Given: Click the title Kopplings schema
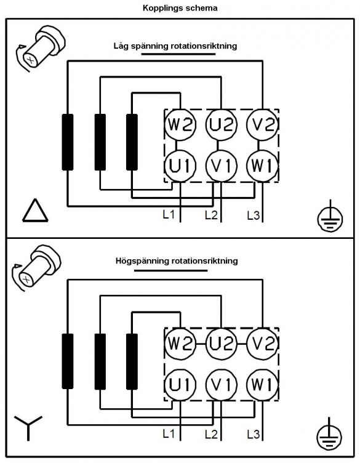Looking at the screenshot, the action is [x=180, y=8].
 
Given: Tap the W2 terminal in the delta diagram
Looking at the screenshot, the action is [x=180, y=124].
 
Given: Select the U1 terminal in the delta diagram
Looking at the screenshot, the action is [x=180, y=166].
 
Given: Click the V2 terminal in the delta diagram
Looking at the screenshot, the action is [x=262, y=124].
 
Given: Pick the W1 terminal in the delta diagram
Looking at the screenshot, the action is [x=262, y=166].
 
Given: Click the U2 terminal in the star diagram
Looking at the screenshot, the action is [x=222, y=344].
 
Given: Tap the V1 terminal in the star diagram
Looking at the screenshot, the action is [x=222, y=385].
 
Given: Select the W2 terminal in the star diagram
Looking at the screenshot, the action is [x=180, y=344].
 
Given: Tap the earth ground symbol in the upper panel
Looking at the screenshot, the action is [x=330, y=218].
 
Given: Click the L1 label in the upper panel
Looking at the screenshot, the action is [x=169, y=215].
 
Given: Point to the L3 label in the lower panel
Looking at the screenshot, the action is [x=254, y=434].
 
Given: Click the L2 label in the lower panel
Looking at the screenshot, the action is [x=211, y=434].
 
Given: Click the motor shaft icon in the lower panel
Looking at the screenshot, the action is [x=36, y=267].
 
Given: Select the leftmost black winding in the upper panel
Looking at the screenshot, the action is [x=68, y=142].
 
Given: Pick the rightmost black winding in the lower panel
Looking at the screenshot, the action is [x=132, y=361].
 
